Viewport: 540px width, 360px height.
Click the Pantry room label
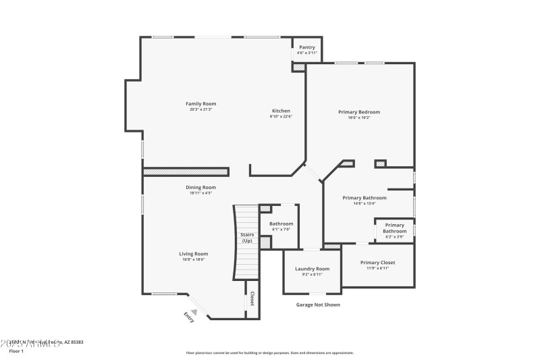307,47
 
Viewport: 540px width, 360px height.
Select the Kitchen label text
281,111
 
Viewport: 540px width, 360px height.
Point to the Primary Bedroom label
359,111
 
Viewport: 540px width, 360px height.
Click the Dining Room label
201,187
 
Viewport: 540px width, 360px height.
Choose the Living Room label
193,254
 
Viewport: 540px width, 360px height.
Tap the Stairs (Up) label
247,237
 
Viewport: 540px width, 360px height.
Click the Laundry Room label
313,269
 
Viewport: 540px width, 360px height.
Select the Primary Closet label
377,262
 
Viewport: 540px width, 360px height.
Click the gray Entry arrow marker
194,311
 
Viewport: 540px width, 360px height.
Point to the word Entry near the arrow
189,317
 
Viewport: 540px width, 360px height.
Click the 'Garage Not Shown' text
318,305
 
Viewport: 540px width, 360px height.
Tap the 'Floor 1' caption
16,351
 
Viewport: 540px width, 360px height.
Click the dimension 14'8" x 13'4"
364,203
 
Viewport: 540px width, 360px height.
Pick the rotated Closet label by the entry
252,299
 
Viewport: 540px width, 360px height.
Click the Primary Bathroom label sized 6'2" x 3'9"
395,228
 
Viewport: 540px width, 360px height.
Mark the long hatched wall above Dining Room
184,172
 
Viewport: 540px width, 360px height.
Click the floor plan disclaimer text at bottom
269,353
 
